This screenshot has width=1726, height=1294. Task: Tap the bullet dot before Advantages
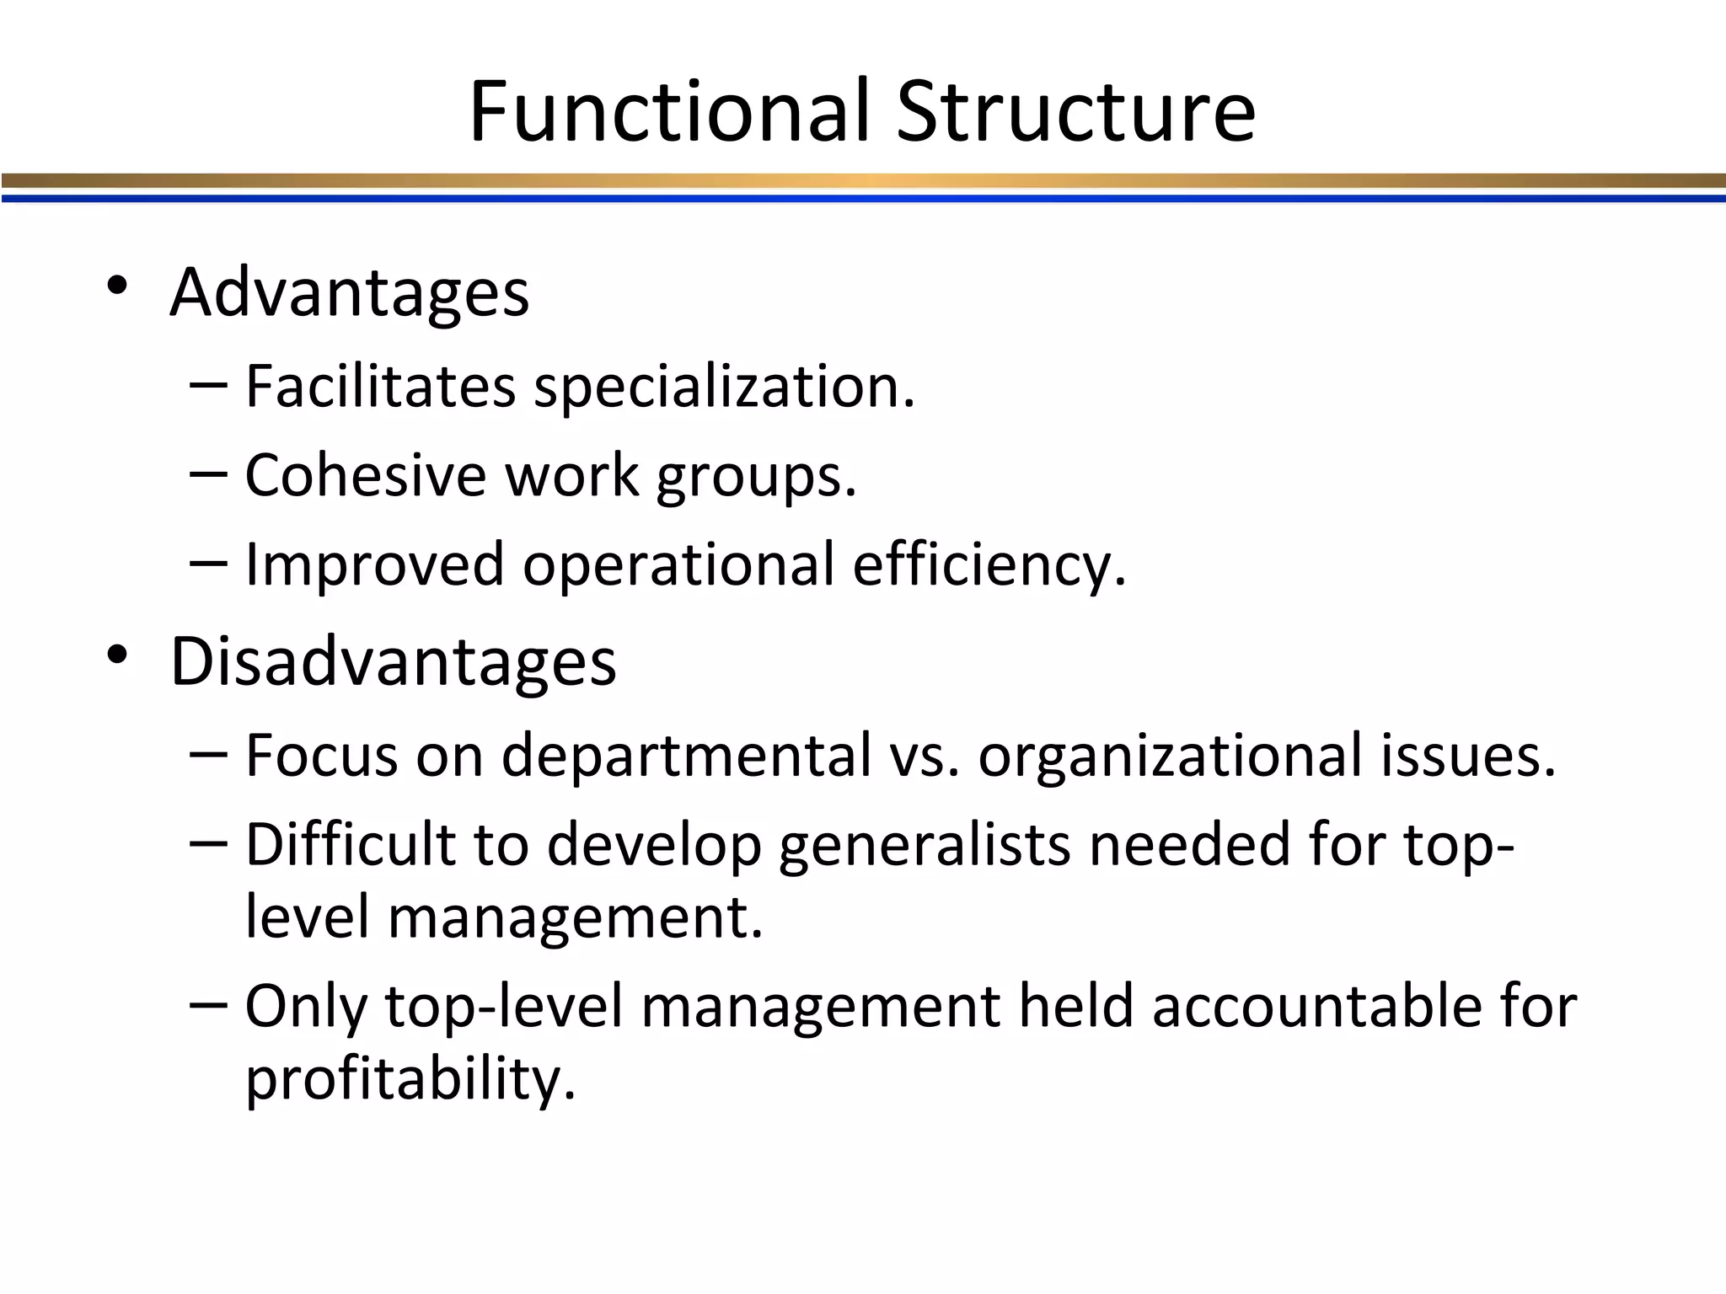click(x=117, y=286)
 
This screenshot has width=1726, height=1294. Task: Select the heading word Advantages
click(x=350, y=292)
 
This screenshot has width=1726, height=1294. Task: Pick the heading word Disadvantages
click(x=394, y=661)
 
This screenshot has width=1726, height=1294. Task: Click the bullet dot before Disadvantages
click(x=117, y=655)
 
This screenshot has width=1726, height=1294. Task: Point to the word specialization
click(x=725, y=388)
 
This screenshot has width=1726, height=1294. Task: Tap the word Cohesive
click(x=366, y=475)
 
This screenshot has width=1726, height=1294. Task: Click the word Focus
click(x=321, y=755)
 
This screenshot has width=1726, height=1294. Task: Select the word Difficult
click(x=350, y=843)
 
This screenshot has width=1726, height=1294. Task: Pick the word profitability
click(x=410, y=1078)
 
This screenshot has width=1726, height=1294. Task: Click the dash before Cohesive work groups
click(x=208, y=474)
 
